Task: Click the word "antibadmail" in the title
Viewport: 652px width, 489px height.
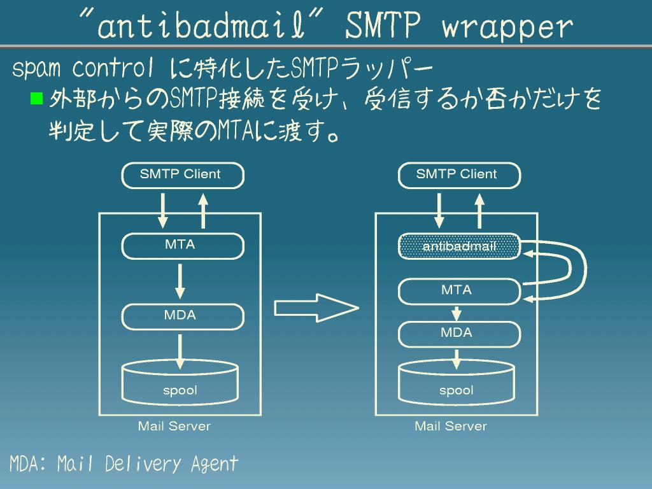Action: pos(210,26)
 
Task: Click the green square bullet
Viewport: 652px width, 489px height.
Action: pos(36,98)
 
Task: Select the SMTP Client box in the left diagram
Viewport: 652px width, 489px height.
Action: pos(182,175)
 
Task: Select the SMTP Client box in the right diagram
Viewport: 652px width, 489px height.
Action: pos(458,175)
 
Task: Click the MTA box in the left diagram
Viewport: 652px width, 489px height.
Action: pos(182,246)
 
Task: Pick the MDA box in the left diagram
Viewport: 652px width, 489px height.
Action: pos(182,316)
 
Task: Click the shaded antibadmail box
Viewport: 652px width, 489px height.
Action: pos(458,246)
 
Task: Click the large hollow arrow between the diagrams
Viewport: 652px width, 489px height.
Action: pos(316,308)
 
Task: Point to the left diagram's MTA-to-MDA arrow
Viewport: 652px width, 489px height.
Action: pos(180,281)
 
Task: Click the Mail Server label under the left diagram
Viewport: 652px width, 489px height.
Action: pos(174,426)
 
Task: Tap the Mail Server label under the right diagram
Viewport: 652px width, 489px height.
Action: pos(450,426)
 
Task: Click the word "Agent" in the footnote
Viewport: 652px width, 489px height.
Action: pos(215,464)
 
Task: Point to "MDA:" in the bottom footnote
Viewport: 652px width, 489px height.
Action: pos(27,464)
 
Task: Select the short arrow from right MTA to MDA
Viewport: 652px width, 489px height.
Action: pos(457,313)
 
